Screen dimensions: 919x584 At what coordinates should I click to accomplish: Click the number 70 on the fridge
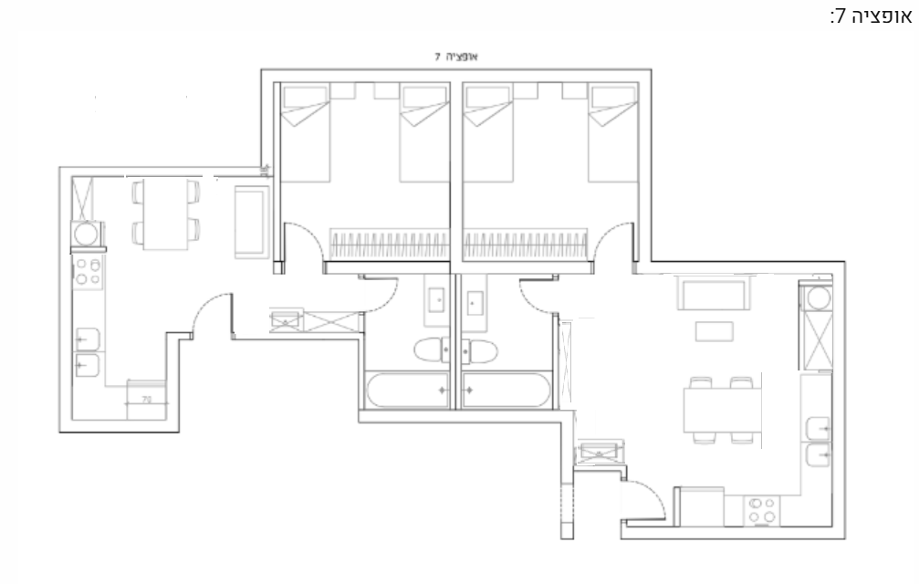(147, 400)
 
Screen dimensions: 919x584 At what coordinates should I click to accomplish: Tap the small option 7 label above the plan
(456, 57)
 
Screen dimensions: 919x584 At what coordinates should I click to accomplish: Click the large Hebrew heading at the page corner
(871, 16)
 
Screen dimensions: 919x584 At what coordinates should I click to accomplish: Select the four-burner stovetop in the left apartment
(88, 273)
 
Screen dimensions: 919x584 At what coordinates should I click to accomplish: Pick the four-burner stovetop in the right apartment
(762, 510)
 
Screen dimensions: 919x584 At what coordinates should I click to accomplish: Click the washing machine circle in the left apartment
(86, 235)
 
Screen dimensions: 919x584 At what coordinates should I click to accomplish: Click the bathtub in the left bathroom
(408, 391)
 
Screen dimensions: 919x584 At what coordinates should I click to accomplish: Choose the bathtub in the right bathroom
(506, 391)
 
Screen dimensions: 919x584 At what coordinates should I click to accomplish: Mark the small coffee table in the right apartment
(714, 331)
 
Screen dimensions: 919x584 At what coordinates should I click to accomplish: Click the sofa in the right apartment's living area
(714, 292)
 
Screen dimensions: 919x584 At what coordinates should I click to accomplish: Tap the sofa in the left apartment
(251, 222)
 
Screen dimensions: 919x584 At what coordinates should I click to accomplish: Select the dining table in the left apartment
(166, 214)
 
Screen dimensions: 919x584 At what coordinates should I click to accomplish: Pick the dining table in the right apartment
(722, 411)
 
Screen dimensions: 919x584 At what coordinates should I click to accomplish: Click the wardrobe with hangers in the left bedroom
(389, 245)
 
